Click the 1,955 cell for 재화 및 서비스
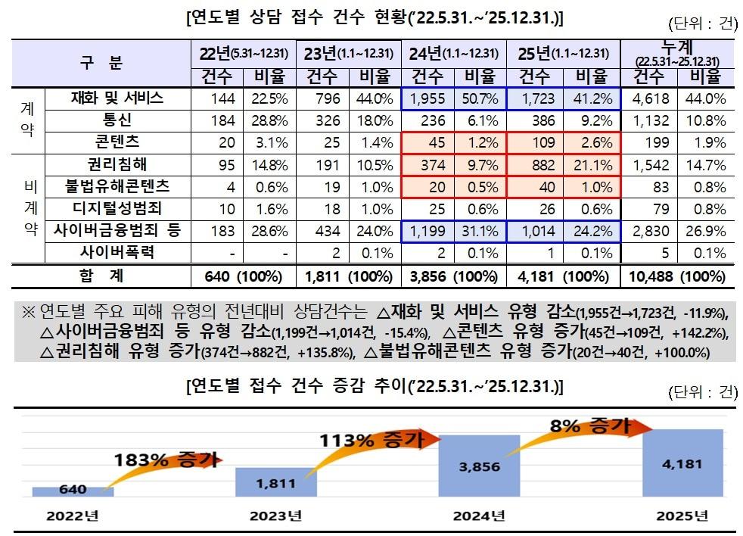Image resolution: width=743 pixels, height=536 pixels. (x=427, y=98)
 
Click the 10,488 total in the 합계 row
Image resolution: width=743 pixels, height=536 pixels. (x=648, y=277)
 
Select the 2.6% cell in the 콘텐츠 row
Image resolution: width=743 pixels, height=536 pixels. (x=592, y=142)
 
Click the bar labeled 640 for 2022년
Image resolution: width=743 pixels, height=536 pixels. (x=73, y=490)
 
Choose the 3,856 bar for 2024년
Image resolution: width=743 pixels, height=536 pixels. (x=479, y=466)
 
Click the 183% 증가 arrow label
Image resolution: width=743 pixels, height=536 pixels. (x=166, y=459)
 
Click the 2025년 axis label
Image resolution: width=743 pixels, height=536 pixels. (x=682, y=516)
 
